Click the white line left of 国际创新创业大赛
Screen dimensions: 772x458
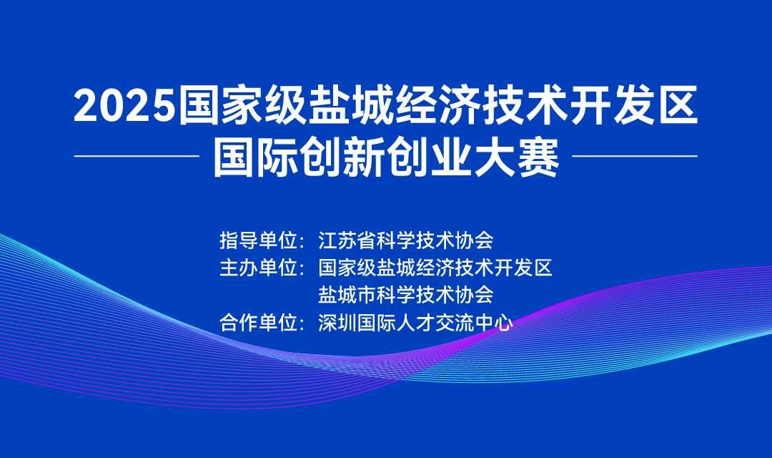(137, 156)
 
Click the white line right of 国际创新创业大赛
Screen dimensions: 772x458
(635, 156)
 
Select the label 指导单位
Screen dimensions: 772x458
(259, 240)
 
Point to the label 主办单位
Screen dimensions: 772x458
(259, 268)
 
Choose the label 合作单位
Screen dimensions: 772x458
(259, 323)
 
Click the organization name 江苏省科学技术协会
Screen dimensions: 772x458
(406, 240)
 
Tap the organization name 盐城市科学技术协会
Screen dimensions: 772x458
(406, 296)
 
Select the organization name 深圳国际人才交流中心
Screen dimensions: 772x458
(415, 323)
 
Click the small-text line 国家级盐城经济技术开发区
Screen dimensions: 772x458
(435, 268)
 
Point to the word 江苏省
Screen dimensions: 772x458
(347, 240)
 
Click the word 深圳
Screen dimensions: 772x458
(337, 323)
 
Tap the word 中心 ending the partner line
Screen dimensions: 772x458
(494, 323)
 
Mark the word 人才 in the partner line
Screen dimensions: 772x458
(415, 323)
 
